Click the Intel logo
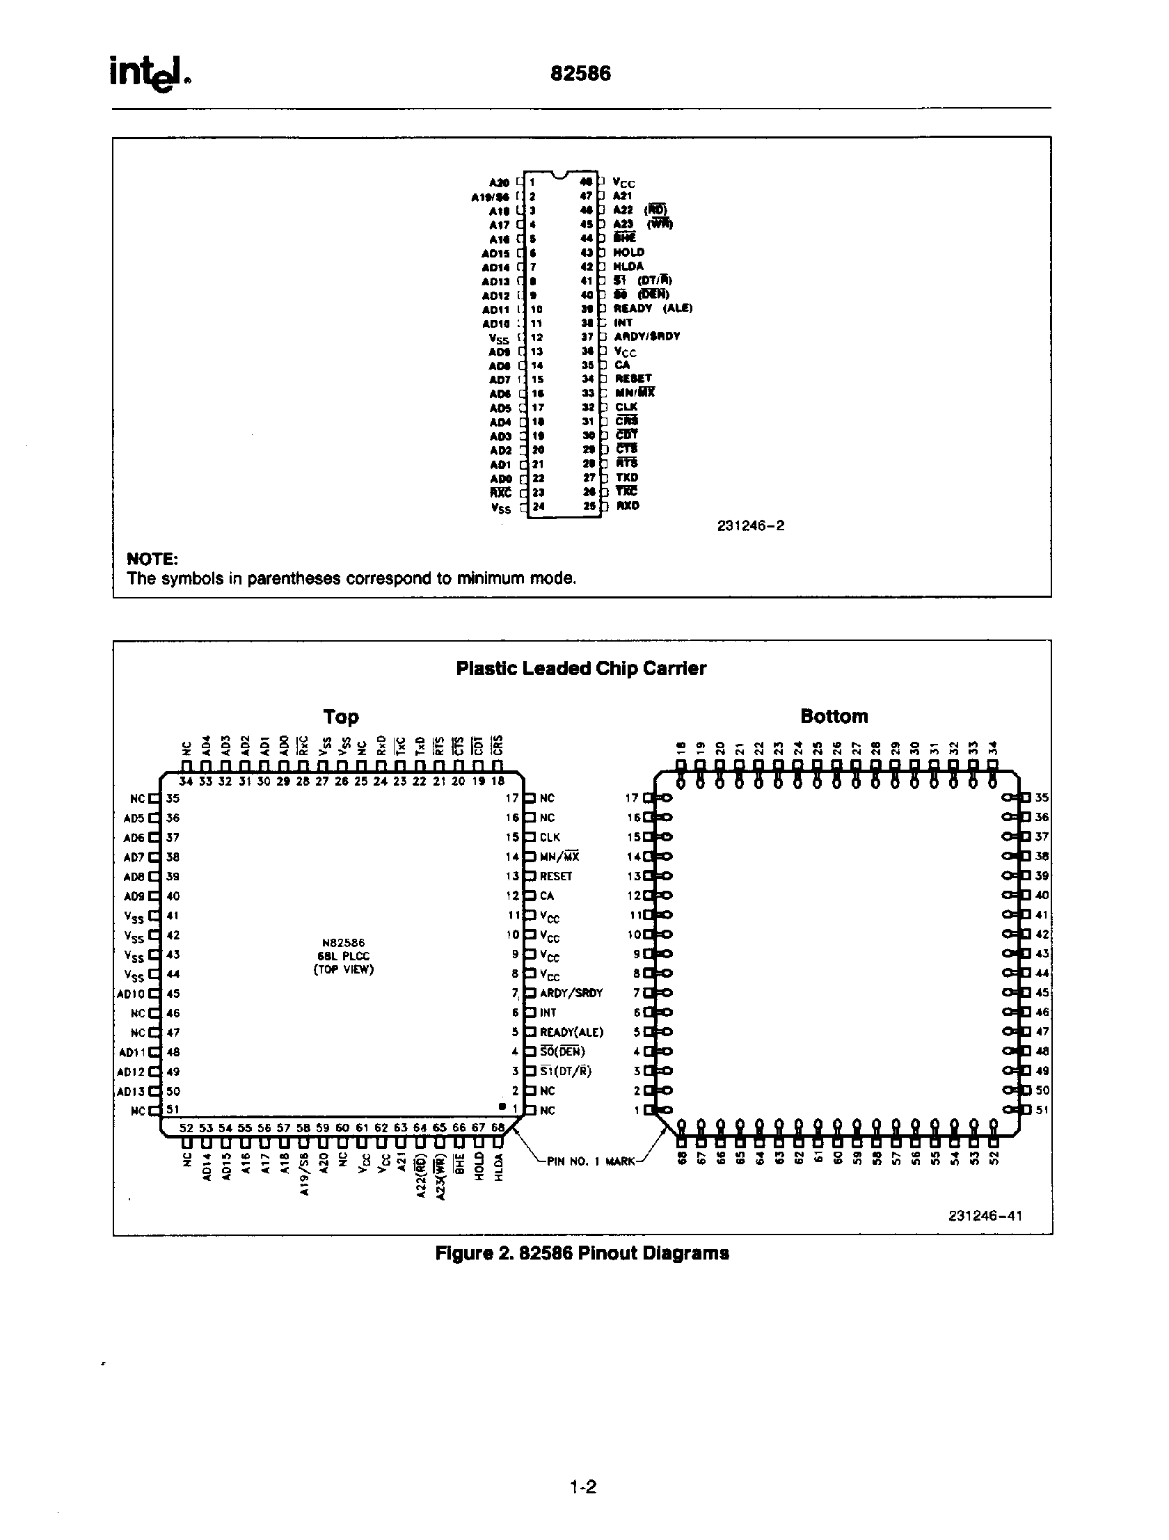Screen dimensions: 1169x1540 149,74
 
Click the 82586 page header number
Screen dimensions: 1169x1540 580,74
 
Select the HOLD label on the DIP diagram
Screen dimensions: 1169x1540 629,252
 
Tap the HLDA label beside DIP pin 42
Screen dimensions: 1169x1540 628,266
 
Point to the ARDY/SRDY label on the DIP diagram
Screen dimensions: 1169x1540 647,336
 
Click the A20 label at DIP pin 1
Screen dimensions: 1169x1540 499,182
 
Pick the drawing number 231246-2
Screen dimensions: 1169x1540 750,525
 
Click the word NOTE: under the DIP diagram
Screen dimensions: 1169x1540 152,559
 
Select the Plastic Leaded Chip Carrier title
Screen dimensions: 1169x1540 580,668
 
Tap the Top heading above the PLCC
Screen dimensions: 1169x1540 340,716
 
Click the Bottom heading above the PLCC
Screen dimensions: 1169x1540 834,715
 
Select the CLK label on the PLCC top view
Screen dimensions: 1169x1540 549,837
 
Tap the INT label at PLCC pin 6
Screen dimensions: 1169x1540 548,1013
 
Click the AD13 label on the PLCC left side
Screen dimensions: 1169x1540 131,1090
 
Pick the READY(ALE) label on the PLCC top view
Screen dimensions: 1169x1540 571,1032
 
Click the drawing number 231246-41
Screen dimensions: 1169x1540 985,1216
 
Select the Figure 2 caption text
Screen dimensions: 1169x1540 581,1253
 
